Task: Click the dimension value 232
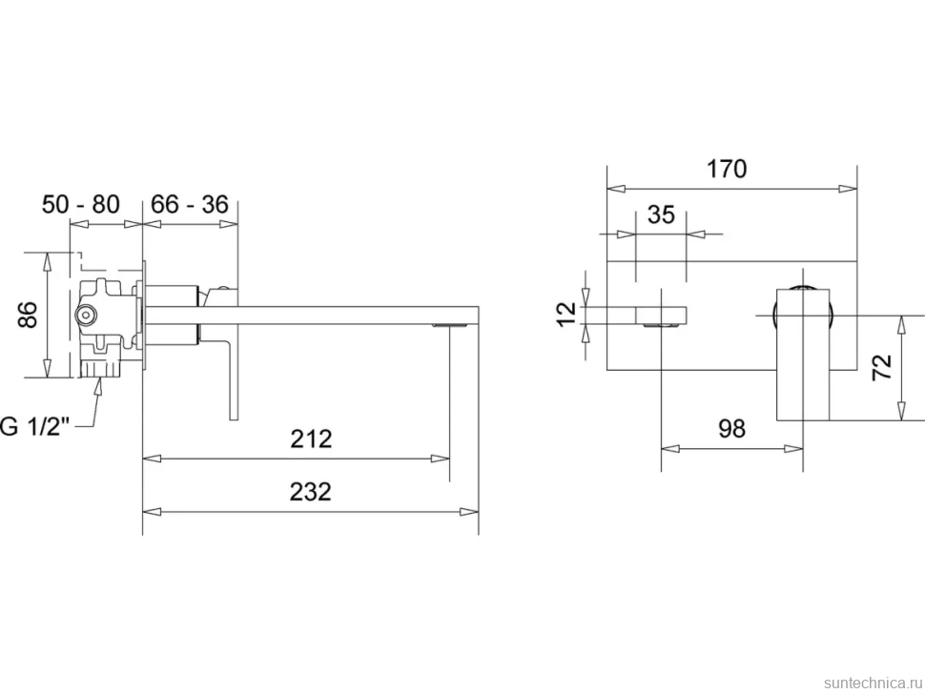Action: pos(310,491)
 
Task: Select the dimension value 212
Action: pos(311,439)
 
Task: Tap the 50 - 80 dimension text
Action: pos(81,204)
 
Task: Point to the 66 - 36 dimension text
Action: pos(190,204)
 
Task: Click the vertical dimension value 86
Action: pos(28,315)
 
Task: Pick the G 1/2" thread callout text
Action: pos(34,426)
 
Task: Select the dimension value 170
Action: pos(727,170)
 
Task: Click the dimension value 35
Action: pos(661,214)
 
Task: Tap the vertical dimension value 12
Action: pos(565,314)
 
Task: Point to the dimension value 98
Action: pos(732,429)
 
